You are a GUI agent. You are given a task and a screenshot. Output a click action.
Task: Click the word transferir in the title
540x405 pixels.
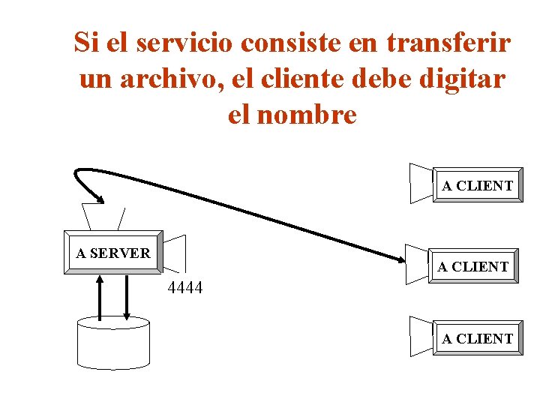449,43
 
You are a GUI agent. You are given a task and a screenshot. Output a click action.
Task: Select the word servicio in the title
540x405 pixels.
183,43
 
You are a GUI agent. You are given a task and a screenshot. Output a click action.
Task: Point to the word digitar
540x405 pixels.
466,79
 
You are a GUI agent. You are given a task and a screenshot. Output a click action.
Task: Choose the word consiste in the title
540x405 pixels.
294,43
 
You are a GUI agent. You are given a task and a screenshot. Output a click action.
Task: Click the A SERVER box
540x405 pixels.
113,253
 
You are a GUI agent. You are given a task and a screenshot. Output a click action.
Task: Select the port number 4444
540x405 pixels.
185,287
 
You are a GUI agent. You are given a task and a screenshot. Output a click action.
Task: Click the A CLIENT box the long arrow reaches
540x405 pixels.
473,266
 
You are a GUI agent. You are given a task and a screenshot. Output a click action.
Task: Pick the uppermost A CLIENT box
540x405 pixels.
477,186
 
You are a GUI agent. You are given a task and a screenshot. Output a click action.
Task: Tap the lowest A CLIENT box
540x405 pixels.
477,339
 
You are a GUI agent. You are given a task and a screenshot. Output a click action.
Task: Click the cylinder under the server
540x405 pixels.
113,343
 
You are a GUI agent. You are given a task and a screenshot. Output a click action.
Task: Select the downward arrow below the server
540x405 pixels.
126,296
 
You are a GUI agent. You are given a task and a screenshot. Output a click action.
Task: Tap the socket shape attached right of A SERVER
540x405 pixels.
175,253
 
